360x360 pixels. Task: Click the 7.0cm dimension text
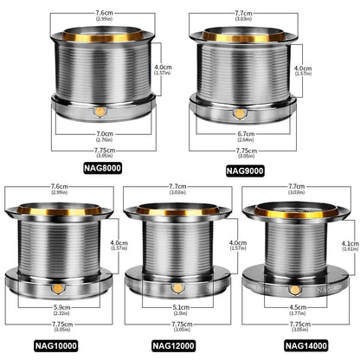coord(104,134)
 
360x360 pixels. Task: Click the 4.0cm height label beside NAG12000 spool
coord(224,244)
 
